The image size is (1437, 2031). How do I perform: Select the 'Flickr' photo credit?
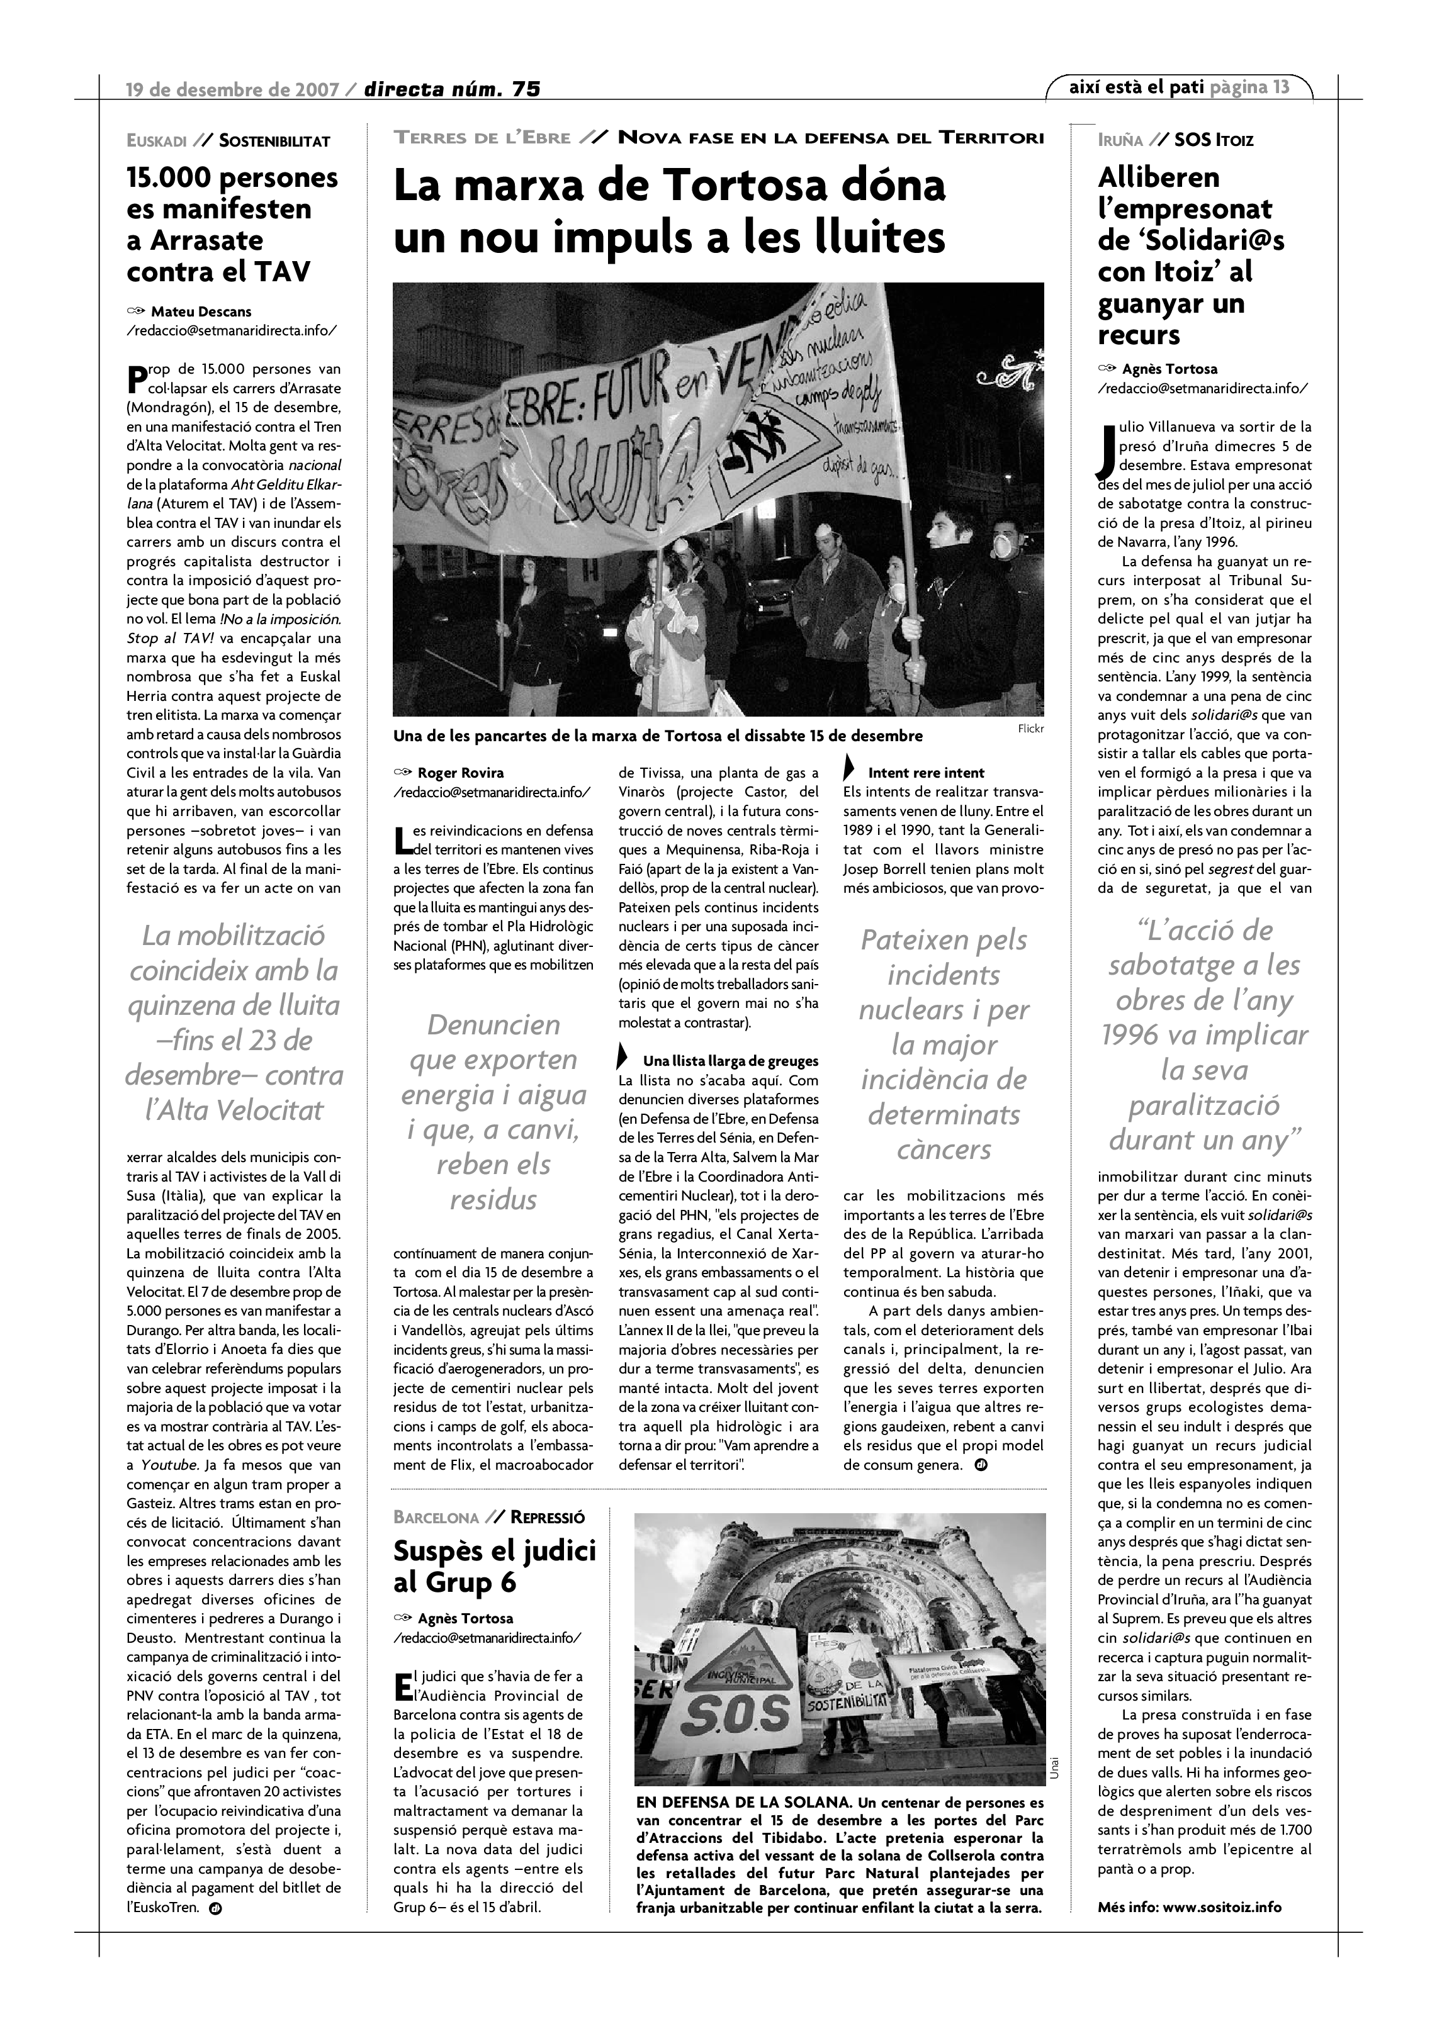click(x=1030, y=729)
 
